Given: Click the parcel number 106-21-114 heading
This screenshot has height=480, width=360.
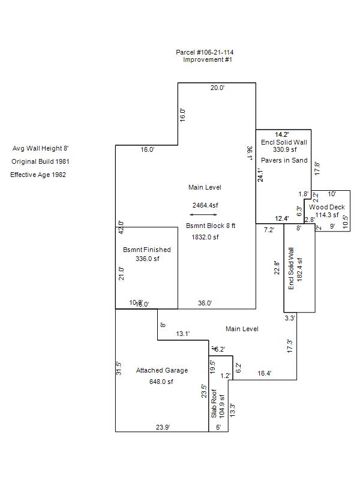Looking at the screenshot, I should tap(205, 53).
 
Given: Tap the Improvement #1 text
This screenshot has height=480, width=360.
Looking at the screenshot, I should tap(208, 60).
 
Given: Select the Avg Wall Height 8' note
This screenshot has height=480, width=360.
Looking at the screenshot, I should tap(44, 148).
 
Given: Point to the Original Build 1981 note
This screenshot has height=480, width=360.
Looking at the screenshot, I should tap(44, 161).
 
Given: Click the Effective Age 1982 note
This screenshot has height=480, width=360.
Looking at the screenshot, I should tap(38, 175).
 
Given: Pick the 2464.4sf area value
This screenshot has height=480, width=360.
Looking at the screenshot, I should tap(205, 205).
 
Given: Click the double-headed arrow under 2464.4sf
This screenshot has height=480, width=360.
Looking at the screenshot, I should tap(203, 214).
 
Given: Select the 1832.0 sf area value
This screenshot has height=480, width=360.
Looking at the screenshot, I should tap(205, 237).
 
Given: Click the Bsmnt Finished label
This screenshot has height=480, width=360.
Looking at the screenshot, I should tap(146, 250).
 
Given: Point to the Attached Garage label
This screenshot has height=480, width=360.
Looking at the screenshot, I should tap(162, 370).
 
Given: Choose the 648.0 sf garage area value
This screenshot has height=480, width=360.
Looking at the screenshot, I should tap(161, 382).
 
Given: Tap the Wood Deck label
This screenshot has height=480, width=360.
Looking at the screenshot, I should tap(327, 207).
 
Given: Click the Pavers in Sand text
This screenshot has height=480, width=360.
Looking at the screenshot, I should tap(284, 161).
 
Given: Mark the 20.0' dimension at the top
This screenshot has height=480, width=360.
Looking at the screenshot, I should tap(217, 88).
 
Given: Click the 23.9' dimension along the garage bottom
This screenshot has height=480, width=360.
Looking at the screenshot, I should tap(163, 427).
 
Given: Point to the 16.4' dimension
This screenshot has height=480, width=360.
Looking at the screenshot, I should tap(264, 373).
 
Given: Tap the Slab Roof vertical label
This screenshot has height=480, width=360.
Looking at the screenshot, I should tap(214, 407).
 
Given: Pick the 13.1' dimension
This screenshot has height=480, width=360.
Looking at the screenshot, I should tap(183, 334).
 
